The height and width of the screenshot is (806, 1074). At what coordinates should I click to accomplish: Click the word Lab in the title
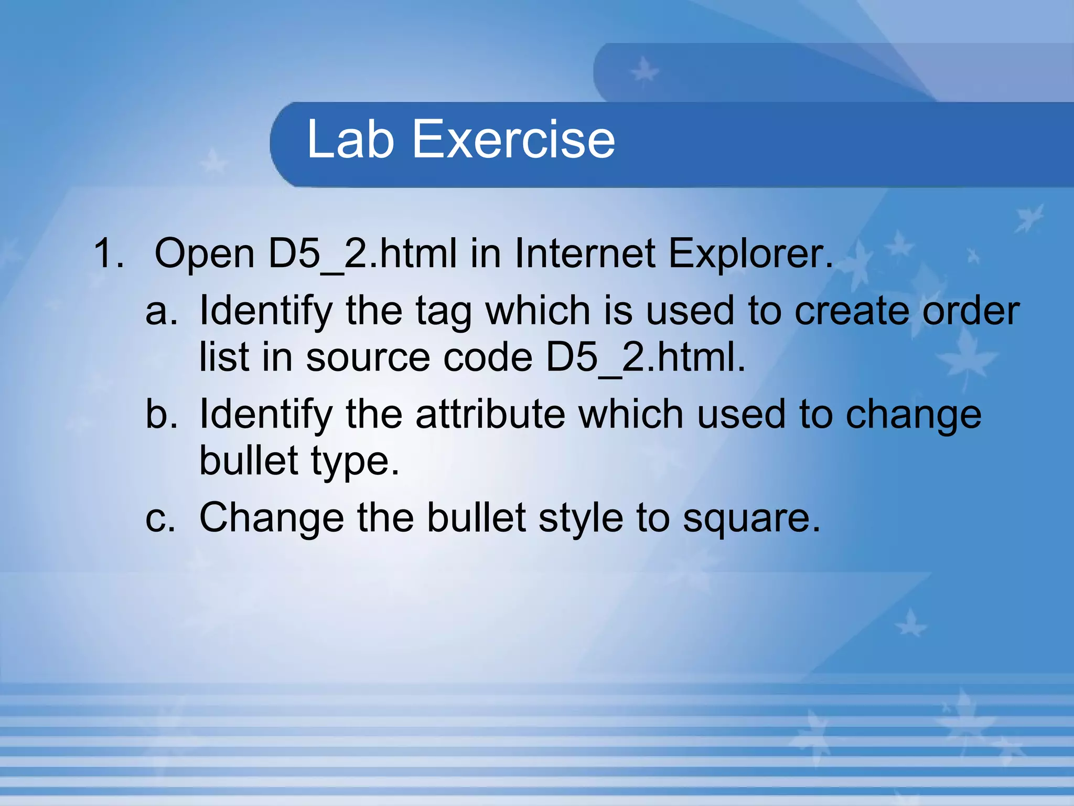[x=350, y=139]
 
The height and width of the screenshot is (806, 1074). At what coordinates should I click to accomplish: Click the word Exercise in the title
[x=513, y=139]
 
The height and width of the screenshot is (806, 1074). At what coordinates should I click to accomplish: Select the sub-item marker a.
[x=161, y=311]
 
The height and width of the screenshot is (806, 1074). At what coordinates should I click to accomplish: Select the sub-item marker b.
[x=161, y=415]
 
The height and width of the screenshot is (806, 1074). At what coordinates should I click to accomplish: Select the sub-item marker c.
[x=160, y=518]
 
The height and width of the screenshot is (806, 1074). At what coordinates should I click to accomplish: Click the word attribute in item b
[x=490, y=415]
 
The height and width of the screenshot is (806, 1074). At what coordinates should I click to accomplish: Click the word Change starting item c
[x=272, y=518]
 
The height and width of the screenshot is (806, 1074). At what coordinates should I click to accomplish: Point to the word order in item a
[x=971, y=311]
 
